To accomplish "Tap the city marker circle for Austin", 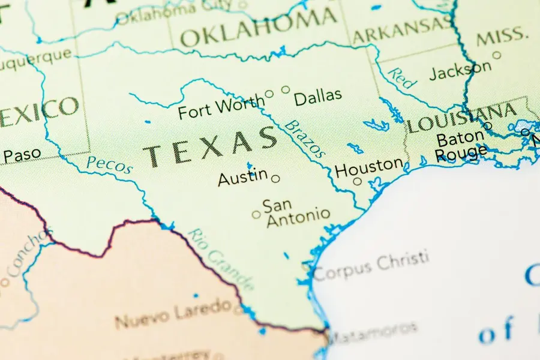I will tap(275, 178).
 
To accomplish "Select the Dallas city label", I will tap(318, 95).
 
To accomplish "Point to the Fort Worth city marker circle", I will tap(269, 94).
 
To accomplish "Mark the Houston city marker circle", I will tap(358, 181).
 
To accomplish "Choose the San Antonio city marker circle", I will tap(256, 214).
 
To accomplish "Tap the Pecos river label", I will tap(109, 164).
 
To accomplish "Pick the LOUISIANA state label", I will tap(462, 118).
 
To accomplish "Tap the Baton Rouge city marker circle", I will tap(488, 126).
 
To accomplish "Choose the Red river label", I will tap(400, 78).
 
